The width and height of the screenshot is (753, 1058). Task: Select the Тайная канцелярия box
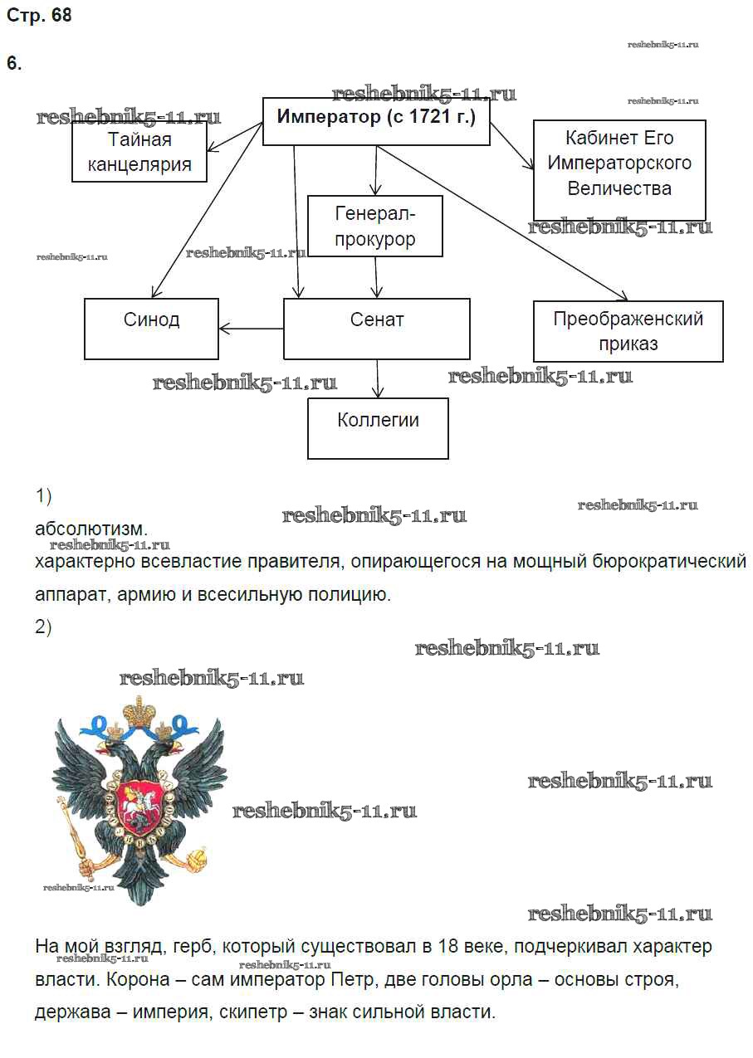point(139,152)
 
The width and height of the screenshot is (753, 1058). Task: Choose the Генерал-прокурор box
point(374,226)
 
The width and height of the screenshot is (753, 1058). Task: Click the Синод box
point(152,329)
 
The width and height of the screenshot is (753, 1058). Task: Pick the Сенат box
point(377,329)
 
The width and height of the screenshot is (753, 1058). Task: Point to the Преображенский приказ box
point(628,331)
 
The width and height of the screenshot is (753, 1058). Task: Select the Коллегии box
point(378,428)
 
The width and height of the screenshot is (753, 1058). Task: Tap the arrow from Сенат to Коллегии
point(378,378)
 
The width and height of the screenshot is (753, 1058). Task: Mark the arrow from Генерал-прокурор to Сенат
point(376,277)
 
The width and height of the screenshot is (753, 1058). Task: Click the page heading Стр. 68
point(39,16)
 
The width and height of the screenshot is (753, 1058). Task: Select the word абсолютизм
point(91,529)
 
